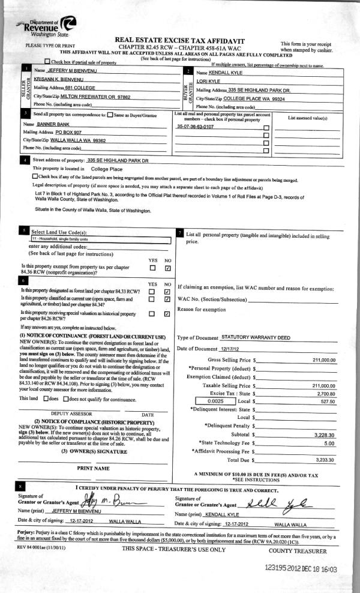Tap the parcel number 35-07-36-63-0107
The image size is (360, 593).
(x=196, y=127)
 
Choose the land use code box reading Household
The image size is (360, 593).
(x=101, y=238)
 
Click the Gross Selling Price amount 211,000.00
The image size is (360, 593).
(x=323, y=360)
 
